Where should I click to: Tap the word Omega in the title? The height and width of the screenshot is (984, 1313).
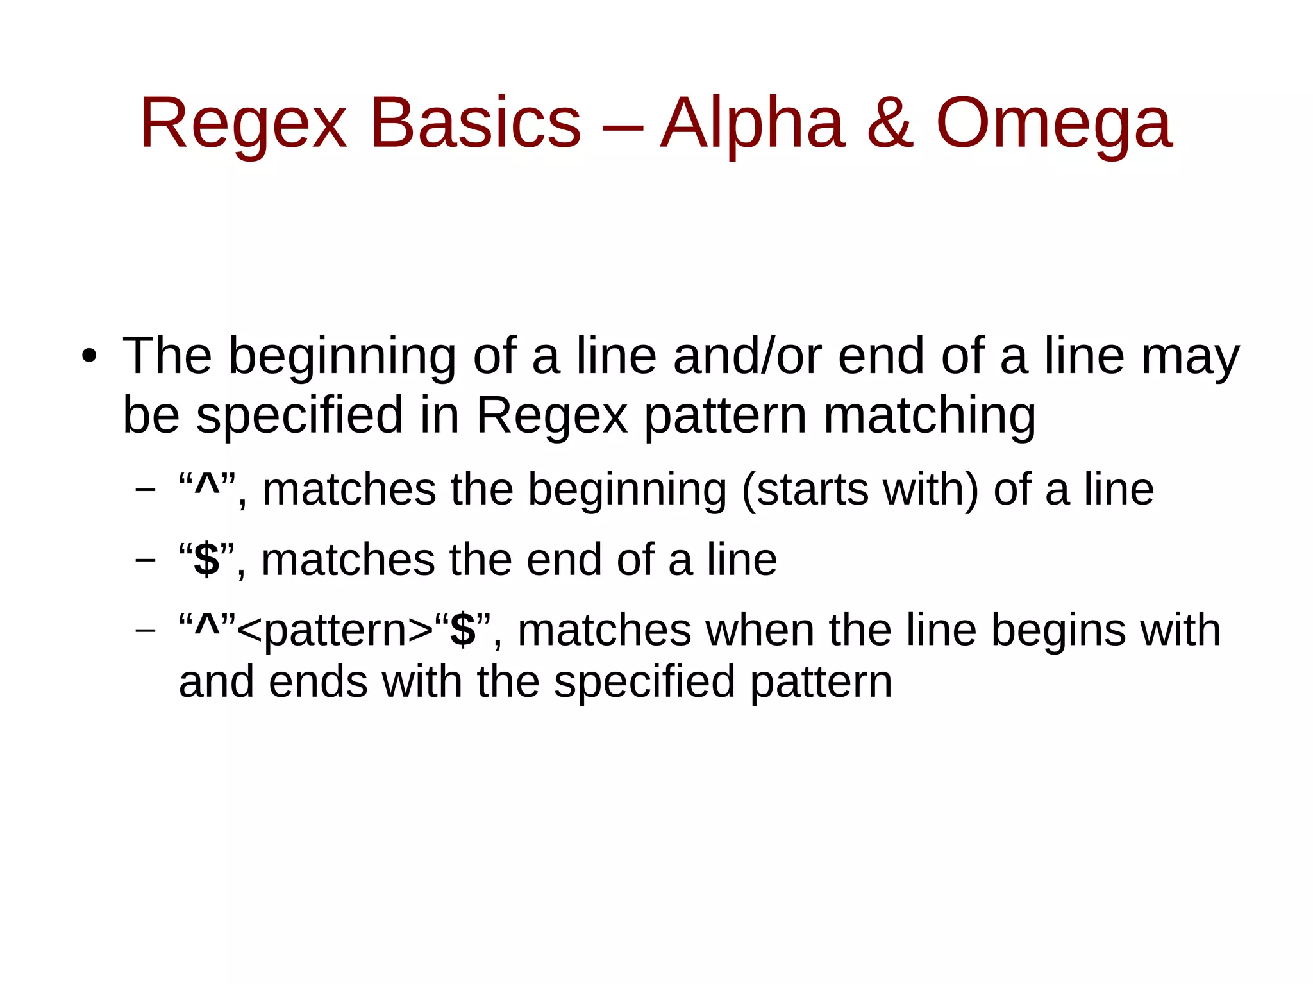[x=1054, y=122]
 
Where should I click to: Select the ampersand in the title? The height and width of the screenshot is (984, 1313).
[x=890, y=122]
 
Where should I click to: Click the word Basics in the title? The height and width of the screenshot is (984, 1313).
[x=475, y=122]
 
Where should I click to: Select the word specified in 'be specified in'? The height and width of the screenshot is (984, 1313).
[x=299, y=415]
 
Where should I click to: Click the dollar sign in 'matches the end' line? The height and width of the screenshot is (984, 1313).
[x=206, y=559]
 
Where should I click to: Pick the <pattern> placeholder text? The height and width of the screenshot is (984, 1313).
[x=335, y=630]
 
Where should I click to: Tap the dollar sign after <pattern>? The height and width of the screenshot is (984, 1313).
[x=463, y=630]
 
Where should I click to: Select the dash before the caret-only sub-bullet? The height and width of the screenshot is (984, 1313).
[x=146, y=490]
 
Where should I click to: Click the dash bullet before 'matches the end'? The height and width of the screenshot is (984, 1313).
[x=146, y=560]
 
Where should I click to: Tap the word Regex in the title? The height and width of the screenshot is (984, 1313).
[x=243, y=122]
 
